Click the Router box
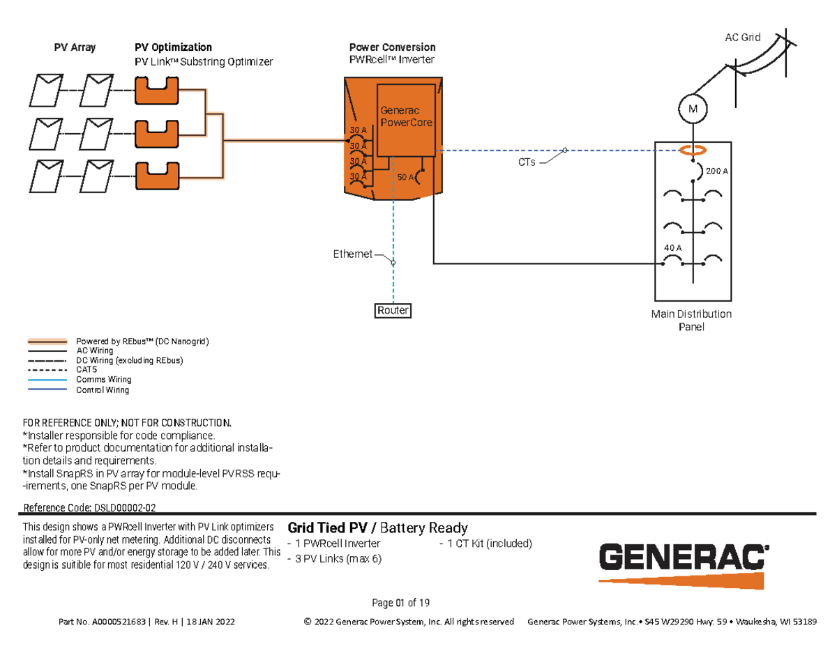click(393, 310)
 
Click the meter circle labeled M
click(692, 109)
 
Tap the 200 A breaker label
click(716, 171)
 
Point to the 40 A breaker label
click(672, 247)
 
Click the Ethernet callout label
click(352, 254)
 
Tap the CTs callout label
click(527, 162)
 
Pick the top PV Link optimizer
click(156, 90)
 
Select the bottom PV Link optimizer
click(156, 176)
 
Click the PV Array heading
click(75, 47)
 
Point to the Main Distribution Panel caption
click(691, 320)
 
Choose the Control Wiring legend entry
click(102, 390)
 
